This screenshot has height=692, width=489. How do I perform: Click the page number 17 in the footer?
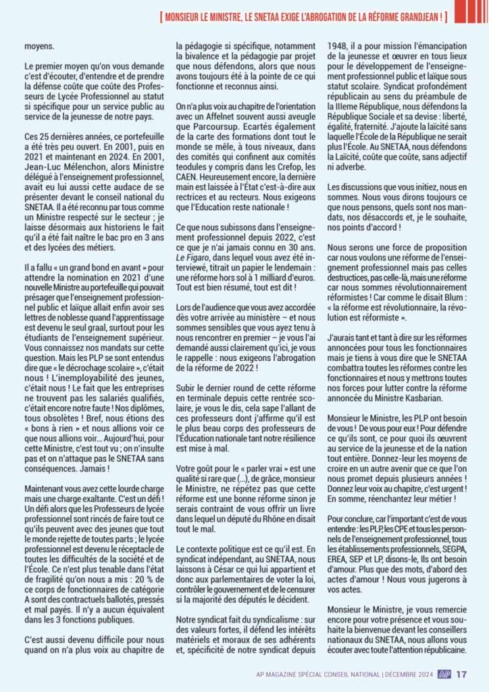[463, 674]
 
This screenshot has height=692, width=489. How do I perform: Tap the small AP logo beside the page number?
[444, 674]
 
